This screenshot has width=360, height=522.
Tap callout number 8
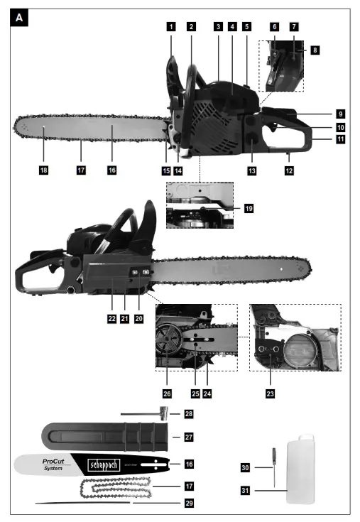315,50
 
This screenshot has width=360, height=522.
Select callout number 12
288,170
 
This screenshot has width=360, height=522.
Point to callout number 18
44,170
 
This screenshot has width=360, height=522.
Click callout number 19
248,209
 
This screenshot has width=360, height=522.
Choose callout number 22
111,319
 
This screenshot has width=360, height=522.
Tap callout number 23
270,391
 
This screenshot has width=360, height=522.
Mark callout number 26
168,391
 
